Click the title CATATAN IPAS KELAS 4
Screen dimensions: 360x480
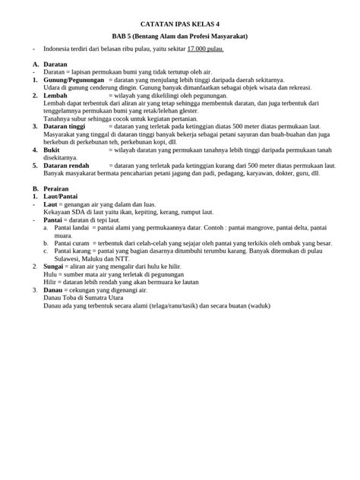(180, 24)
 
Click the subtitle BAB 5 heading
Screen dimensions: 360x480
(180, 36)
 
